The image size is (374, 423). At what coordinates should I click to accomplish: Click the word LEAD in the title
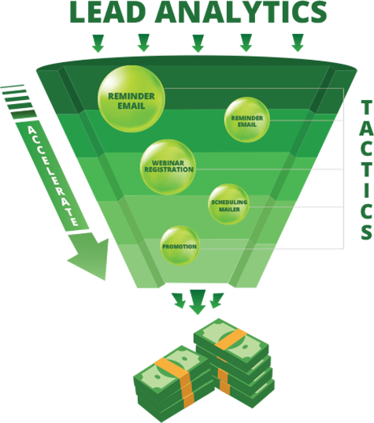[108, 12]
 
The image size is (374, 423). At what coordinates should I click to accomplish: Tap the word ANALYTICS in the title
[242, 12]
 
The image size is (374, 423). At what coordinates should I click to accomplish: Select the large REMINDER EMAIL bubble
[131, 99]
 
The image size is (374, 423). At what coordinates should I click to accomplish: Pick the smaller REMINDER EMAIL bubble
[247, 120]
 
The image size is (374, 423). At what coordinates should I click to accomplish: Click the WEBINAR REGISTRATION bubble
[168, 167]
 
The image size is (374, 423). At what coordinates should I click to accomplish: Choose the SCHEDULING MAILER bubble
[228, 204]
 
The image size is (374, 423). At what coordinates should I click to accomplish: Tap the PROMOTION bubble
[180, 246]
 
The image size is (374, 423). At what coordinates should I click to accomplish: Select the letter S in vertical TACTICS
[366, 232]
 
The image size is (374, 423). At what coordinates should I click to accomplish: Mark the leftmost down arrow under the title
[98, 43]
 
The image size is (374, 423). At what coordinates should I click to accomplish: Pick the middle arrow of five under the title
[198, 43]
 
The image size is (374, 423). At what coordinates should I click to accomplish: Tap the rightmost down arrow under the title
[298, 43]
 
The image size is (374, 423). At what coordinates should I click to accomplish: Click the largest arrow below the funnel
[198, 302]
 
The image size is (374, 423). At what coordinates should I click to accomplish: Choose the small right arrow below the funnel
[217, 301]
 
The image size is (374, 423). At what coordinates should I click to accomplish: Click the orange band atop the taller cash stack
[231, 340]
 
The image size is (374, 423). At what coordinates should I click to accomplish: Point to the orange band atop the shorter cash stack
[171, 369]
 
